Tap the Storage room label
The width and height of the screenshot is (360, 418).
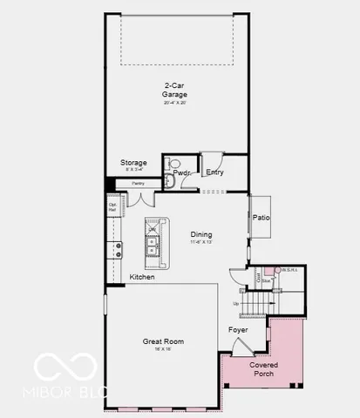(133, 163)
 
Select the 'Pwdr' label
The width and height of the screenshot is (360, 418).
(182, 172)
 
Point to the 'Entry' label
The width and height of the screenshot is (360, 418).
(214, 172)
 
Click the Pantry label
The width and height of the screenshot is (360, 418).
(138, 183)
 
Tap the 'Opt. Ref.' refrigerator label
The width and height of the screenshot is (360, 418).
(112, 209)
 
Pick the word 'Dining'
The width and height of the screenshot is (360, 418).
(201, 233)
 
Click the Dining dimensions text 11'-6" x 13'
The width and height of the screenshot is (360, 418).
(201, 242)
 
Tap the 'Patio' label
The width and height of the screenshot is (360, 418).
(261, 218)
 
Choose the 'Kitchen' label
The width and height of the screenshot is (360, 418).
(142, 277)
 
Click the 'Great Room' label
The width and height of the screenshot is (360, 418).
(163, 341)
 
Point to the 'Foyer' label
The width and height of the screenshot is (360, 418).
(238, 330)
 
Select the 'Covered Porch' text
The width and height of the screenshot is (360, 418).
(263, 369)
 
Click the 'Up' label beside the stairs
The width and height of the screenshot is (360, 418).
(235, 303)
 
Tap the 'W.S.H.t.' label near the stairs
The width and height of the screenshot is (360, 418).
(289, 270)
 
